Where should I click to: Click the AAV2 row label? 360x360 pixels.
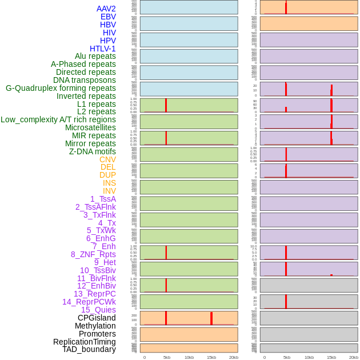click(106, 9)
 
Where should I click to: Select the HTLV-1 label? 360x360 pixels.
click(103, 49)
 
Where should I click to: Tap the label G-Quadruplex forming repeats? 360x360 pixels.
click(61, 88)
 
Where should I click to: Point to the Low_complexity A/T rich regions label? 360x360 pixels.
click(58, 119)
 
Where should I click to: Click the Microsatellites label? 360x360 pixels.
click(90, 127)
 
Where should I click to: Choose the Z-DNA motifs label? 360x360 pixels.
click(93, 151)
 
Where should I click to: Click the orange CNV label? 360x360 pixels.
click(107, 159)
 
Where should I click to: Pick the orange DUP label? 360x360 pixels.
click(107, 175)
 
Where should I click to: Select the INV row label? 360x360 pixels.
click(109, 191)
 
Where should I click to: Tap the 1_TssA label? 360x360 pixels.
click(103, 199)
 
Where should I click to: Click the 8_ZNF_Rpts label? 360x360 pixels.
click(93, 254)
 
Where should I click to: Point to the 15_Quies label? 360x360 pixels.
click(98, 310)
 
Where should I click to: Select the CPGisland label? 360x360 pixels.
click(97, 318)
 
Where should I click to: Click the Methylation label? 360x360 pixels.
click(95, 326)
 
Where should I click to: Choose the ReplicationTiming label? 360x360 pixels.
click(85, 342)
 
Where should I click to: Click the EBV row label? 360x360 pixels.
click(108, 17)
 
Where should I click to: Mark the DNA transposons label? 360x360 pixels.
click(85, 80)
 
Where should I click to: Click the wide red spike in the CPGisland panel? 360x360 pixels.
click(211, 318)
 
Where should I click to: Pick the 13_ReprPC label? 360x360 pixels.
click(94, 294)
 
